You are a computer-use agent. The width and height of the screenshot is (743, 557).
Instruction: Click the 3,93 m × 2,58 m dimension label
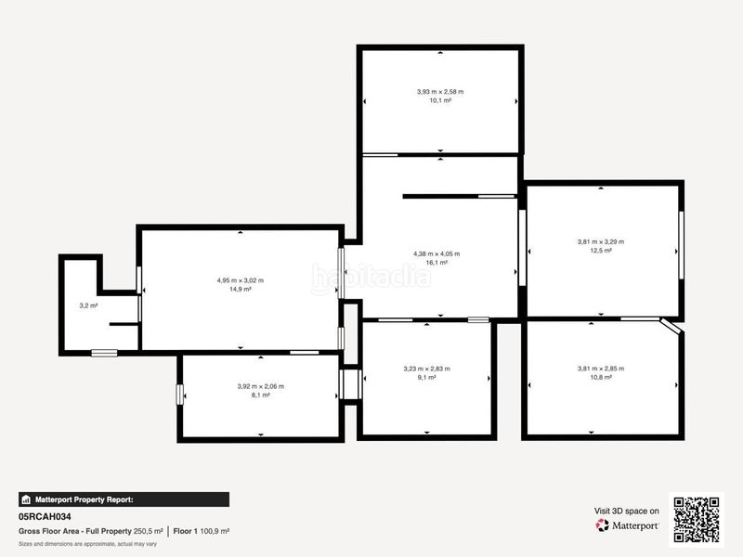click(440, 92)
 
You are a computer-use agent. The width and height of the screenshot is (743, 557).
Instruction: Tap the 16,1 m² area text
click(437, 263)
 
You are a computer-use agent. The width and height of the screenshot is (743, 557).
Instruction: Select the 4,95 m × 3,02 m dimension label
click(241, 280)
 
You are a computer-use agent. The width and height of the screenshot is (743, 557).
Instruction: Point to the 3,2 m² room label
click(88, 306)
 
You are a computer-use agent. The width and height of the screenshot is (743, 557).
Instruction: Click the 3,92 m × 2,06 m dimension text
click(261, 386)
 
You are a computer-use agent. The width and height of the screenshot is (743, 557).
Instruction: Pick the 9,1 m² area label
click(426, 378)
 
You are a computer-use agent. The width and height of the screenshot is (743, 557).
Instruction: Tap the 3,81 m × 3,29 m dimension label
click(600, 241)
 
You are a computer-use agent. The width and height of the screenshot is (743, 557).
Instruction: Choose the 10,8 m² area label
click(601, 378)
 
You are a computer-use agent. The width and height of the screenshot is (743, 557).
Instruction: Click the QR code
click(696, 519)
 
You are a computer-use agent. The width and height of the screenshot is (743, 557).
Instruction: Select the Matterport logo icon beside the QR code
click(602, 525)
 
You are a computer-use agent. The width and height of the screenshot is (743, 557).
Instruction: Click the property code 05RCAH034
click(45, 517)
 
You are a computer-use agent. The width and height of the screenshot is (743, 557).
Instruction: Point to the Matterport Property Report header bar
click(124, 499)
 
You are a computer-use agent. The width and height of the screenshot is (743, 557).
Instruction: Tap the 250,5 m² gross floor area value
click(149, 531)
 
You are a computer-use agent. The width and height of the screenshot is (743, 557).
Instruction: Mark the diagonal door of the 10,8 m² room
click(671, 326)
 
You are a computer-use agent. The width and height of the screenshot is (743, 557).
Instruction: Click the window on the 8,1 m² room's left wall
click(179, 395)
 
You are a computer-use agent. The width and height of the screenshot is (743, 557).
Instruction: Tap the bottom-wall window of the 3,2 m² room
click(104, 353)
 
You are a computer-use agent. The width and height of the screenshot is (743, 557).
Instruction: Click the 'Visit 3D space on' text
click(626, 512)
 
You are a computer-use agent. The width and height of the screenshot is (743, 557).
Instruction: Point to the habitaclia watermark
click(371, 278)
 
